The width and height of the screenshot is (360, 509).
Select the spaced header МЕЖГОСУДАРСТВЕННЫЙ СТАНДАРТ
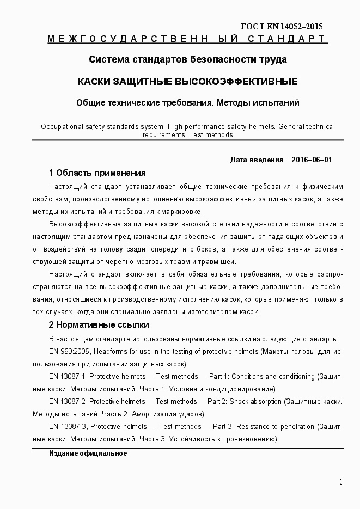(187, 39)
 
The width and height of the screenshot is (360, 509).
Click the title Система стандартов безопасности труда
(187, 59)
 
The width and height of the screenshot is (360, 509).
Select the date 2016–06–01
(312, 160)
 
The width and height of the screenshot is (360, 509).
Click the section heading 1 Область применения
(97, 173)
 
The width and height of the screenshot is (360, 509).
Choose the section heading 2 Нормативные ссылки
(99, 326)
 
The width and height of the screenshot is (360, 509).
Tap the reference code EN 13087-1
(68, 377)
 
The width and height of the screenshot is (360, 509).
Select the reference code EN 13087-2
(68, 401)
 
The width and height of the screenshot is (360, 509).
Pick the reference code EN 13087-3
(68, 426)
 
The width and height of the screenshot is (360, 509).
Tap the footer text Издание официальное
(88, 453)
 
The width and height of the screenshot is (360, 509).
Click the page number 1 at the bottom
(341, 481)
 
